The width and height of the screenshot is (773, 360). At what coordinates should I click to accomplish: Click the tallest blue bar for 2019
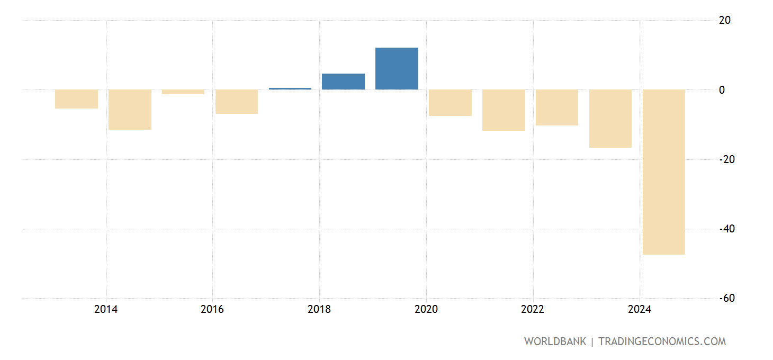click(x=397, y=69)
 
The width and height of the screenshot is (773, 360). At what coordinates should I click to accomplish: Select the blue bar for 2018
click(x=343, y=82)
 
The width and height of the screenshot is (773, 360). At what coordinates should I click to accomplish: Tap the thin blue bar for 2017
click(x=290, y=88)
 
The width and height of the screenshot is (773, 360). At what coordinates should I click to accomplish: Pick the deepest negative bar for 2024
click(x=663, y=172)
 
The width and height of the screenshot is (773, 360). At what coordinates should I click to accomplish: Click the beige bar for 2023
click(x=610, y=119)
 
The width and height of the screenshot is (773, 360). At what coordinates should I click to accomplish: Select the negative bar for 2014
click(x=130, y=110)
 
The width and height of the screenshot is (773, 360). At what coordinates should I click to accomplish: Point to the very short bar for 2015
click(x=183, y=92)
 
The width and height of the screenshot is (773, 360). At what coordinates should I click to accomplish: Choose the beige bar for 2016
click(x=236, y=102)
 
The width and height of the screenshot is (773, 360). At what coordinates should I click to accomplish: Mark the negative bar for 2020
click(x=450, y=103)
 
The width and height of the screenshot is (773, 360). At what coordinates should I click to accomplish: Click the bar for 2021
click(x=504, y=110)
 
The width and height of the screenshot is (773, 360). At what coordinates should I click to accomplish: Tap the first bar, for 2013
click(x=76, y=99)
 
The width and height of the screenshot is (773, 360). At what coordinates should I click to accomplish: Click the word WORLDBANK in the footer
click(x=555, y=341)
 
